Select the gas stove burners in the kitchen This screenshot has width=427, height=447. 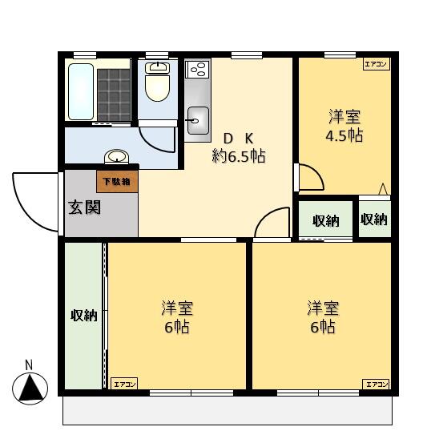(198, 70)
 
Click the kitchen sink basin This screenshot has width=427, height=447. (197, 123)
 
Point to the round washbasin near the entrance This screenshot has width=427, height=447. (115, 156)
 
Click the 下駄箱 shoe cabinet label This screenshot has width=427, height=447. (118, 181)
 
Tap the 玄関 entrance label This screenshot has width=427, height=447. (83, 207)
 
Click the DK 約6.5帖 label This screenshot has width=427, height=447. (239, 147)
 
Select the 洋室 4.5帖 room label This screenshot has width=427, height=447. (344, 126)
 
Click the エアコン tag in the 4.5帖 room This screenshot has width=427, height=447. (376, 64)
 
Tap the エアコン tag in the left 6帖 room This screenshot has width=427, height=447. (124, 385)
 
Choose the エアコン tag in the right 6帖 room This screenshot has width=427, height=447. (376, 385)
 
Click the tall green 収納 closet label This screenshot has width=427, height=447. (84, 316)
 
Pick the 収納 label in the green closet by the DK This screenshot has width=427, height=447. (325, 221)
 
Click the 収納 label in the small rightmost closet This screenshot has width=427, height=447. (374, 219)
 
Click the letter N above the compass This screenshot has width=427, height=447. (29, 365)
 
